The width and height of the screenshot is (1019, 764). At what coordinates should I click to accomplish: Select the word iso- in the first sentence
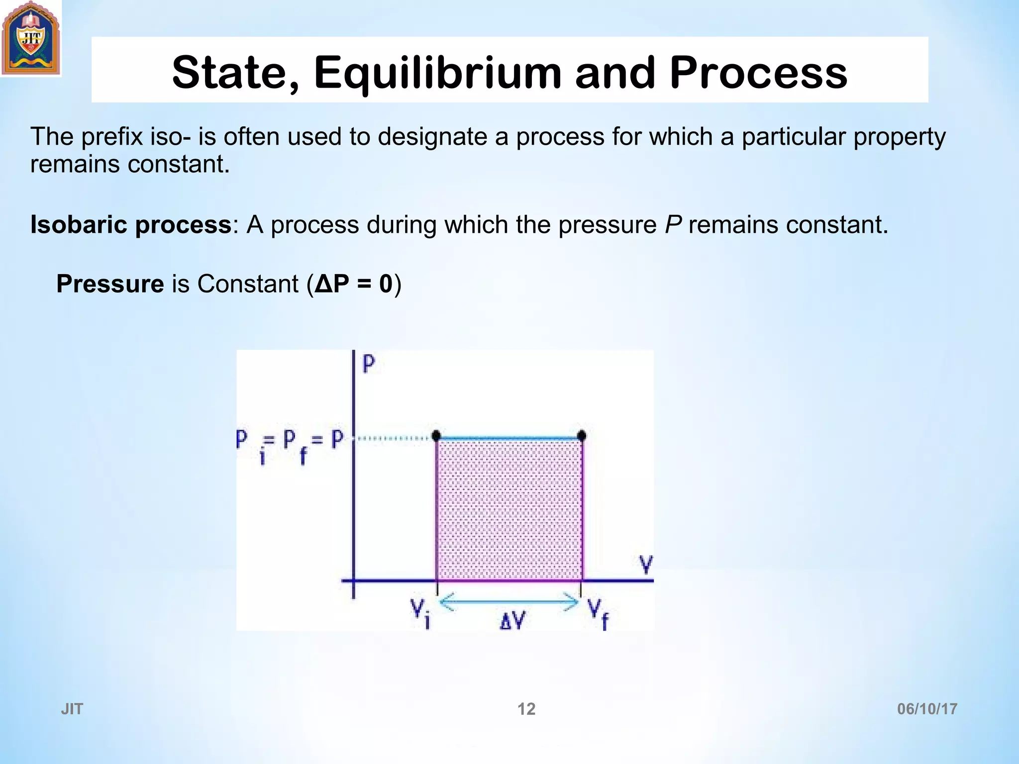[x=170, y=137]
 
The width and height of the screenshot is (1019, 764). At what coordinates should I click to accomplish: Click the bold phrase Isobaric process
[x=130, y=225]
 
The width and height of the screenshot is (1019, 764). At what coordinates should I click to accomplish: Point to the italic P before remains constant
[x=673, y=225]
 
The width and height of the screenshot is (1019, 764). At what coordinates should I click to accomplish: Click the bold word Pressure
[x=110, y=284]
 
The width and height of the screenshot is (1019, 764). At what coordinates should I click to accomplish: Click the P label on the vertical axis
[x=369, y=364]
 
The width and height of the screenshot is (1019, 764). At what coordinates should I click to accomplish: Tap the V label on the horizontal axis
[x=646, y=566]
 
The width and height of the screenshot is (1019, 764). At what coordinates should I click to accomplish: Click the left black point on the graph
[x=436, y=436]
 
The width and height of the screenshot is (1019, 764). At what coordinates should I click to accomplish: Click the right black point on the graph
[x=581, y=436]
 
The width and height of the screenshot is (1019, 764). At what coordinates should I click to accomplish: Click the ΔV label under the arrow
[x=512, y=621]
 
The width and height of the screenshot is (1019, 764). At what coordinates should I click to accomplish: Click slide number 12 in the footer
[x=526, y=709]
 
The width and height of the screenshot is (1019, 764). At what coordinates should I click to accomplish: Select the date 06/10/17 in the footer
[x=927, y=709]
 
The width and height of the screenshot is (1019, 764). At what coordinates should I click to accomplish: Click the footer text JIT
[x=72, y=709]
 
